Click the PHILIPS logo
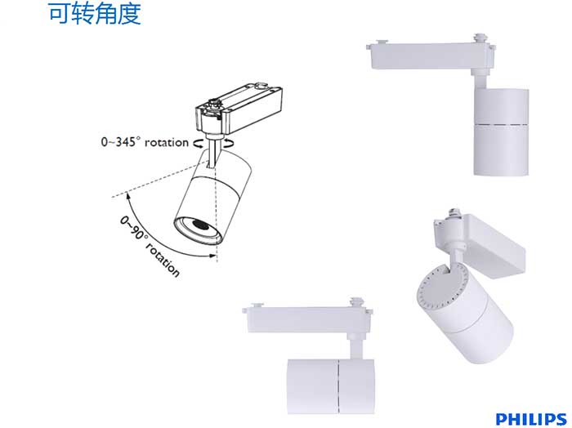pyautogui.click(x=531, y=419)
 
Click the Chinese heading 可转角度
pyautogui.click(x=95, y=14)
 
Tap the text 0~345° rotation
pyautogui.click(x=145, y=142)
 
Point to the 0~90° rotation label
pyautogui.click(x=150, y=246)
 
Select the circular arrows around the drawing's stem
pyautogui.click(x=213, y=144)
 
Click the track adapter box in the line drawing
pyautogui.click(x=239, y=109)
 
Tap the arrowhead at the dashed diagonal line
pyautogui.click(x=128, y=196)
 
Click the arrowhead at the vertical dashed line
pyautogui.click(x=212, y=255)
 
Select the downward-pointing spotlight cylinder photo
pyautogui.click(x=501, y=132)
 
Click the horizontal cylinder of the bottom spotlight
pyautogui.click(x=330, y=386)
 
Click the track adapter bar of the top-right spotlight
pyautogui.click(x=431, y=56)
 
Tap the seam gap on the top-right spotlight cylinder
pyautogui.click(x=501, y=124)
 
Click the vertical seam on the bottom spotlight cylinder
pyautogui.click(x=339, y=387)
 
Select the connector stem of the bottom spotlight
pyautogui.click(x=355, y=346)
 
